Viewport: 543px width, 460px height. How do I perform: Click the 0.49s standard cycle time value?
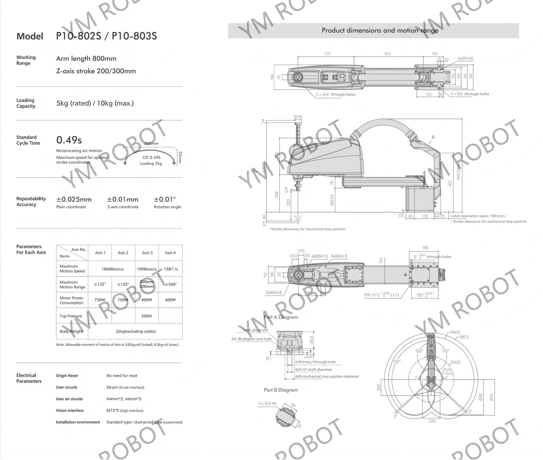point(69,140)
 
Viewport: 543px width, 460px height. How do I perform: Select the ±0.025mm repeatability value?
point(74,200)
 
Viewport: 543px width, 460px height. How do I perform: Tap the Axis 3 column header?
point(147,253)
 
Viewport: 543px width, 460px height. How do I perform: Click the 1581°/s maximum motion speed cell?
point(171,269)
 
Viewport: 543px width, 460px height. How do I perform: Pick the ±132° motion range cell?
point(100,284)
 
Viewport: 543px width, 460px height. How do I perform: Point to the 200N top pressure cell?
point(147,316)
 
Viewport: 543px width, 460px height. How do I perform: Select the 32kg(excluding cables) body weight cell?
point(135,331)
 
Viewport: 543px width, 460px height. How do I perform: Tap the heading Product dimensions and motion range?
point(380,31)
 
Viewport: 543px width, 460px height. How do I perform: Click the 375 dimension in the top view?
point(327,54)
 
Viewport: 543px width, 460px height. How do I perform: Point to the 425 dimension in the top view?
point(388,54)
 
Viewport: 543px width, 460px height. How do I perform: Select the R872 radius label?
point(464,337)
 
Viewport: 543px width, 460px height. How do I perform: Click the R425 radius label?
point(456,362)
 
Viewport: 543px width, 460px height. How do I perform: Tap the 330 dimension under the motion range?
point(432,421)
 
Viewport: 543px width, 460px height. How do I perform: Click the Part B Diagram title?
point(281,390)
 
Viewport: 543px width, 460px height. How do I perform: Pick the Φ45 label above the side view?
point(298,117)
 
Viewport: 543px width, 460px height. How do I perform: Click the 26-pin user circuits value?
point(125,387)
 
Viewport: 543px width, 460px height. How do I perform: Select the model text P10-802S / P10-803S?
point(106,36)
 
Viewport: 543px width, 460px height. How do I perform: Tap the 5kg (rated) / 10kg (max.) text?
point(95,103)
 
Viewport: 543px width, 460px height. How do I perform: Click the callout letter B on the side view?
point(433,137)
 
